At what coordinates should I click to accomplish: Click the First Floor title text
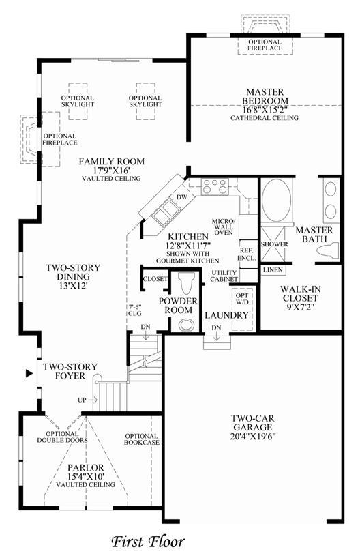pos(148,542)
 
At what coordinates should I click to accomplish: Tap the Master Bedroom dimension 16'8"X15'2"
pos(265,110)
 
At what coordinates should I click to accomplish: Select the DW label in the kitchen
pos(181,196)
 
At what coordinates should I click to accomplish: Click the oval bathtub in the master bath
pos(276,200)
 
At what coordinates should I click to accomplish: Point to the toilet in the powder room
pos(187,283)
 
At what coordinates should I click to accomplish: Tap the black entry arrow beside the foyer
pos(29,373)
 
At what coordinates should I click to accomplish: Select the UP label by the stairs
pos(82,400)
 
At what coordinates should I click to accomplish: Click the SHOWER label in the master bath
pos(275,244)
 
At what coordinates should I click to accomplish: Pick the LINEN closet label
pos(273,270)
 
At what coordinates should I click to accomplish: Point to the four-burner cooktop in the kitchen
pos(214,186)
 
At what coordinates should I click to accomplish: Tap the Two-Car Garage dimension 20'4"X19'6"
pos(253,436)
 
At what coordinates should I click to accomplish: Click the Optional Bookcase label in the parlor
pos(141,439)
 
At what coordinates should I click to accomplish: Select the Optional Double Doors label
pos(62,437)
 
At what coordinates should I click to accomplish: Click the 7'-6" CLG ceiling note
pos(134,310)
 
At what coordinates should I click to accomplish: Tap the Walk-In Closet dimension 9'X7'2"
pos(301,307)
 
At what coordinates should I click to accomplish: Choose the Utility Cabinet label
pos(224,276)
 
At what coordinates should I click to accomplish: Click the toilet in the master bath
pos(328,249)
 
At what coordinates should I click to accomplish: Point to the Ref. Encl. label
pos(247,255)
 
